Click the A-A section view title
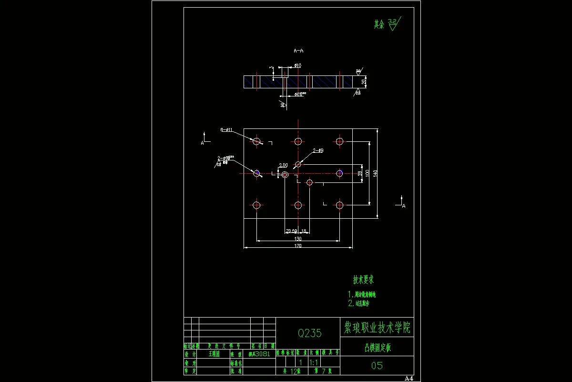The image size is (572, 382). coord(298,50)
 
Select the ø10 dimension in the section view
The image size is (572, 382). coord(297,65)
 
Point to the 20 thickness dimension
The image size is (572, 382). coord(364,82)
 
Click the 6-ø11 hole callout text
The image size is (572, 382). coord(226,129)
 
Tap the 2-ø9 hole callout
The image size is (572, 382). coord(318,150)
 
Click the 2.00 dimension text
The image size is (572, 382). coord(283,165)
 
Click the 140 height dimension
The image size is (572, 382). coord(375,173)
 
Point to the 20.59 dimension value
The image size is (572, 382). coord(291,231)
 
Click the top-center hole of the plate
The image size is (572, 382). coord(298,141)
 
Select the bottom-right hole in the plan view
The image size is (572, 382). coord(339,205)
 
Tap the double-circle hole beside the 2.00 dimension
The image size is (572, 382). coord(285,175)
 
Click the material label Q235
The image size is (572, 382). coord(310,333)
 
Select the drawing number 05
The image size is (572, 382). coord(377,366)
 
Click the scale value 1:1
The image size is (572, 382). coord(314,362)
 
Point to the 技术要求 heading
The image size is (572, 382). coord(363,279)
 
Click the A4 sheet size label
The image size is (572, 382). coord(409,378)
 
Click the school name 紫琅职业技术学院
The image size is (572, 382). coord(377,328)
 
